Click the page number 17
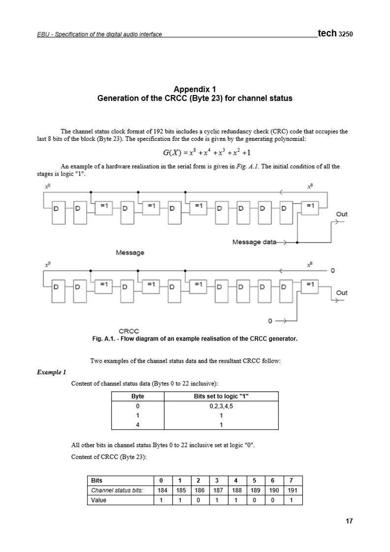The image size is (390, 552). pyautogui.click(x=349, y=521)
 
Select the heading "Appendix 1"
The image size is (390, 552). pyautogui.click(x=195, y=89)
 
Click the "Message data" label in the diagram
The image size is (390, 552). pyautogui.click(x=254, y=242)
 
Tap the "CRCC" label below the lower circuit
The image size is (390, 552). pyautogui.click(x=129, y=331)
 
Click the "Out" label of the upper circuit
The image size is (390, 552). pyautogui.click(x=341, y=214)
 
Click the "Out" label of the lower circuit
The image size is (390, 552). pyautogui.click(x=341, y=292)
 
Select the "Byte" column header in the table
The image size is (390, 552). pyautogui.click(x=138, y=397)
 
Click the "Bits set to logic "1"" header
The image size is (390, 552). pyautogui.click(x=221, y=397)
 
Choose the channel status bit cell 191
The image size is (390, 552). pyautogui.click(x=292, y=491)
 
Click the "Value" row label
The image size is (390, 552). pyautogui.click(x=98, y=500)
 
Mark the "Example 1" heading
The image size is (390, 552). pyautogui.click(x=52, y=372)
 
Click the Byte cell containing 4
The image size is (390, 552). pyautogui.click(x=138, y=425)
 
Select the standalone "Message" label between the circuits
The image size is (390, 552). pyautogui.click(x=130, y=252)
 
